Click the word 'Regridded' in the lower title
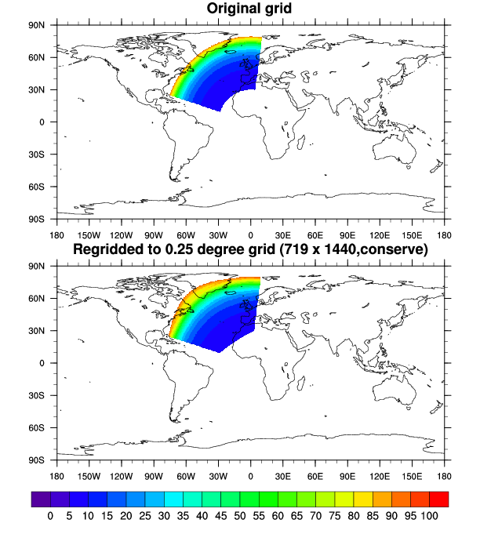[x=109, y=250]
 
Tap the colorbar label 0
[x=51, y=515]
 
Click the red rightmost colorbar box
[x=438, y=498]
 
